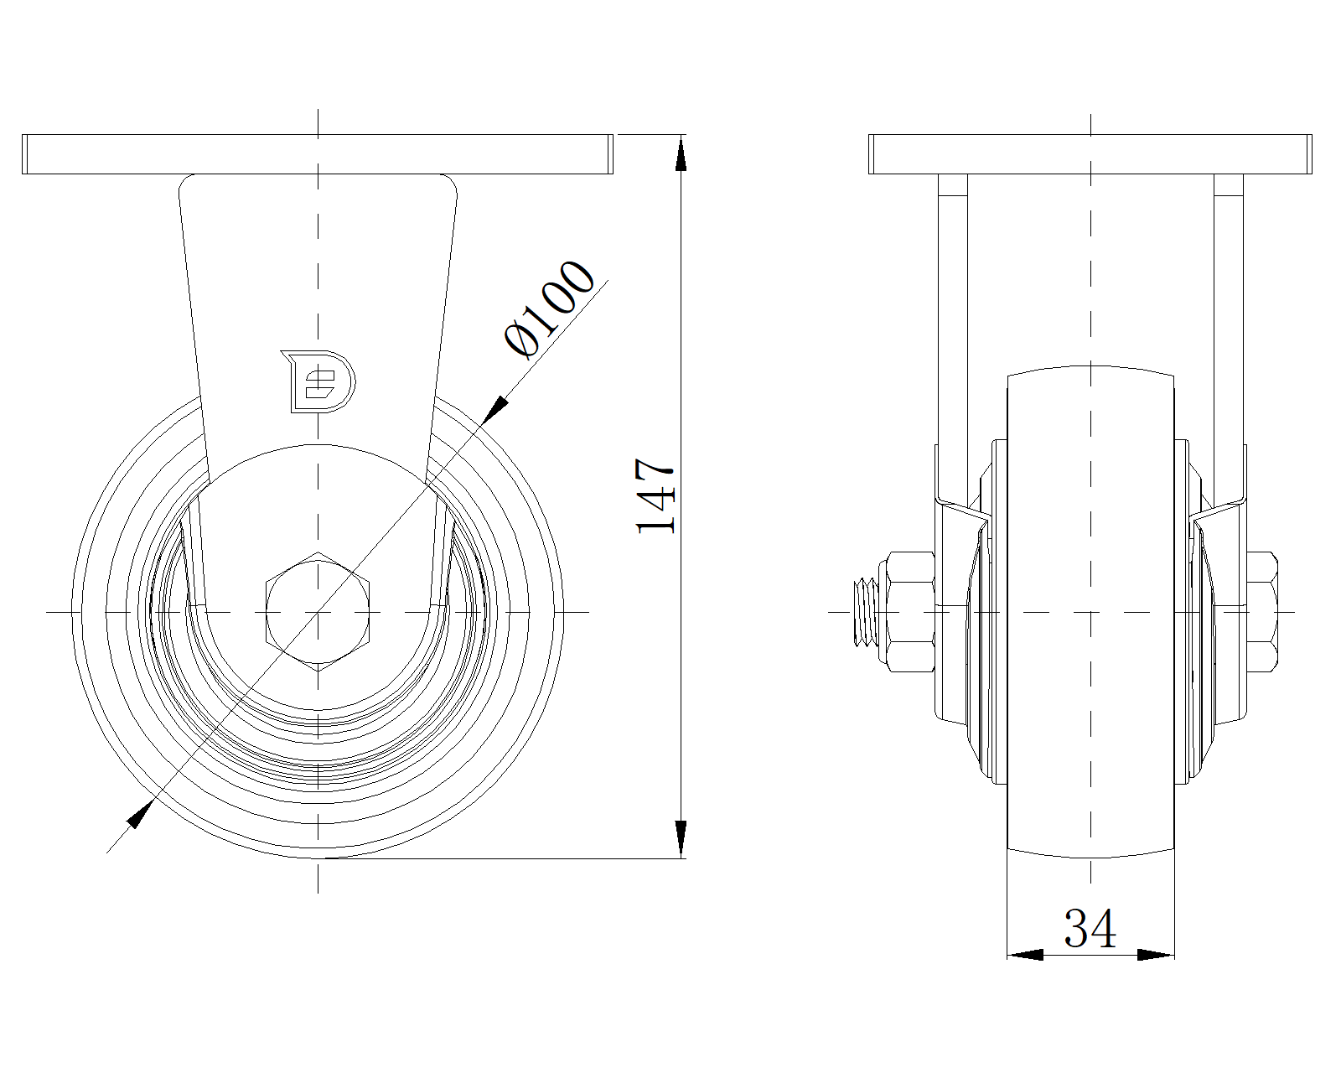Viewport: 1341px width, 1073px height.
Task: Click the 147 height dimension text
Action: point(655,495)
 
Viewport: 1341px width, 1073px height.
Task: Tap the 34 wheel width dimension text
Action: point(1090,929)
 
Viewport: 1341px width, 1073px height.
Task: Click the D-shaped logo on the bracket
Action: point(318,381)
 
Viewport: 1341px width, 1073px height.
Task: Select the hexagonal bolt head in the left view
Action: point(318,612)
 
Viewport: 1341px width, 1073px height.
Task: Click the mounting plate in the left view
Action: point(318,154)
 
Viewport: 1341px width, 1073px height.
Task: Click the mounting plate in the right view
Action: point(1090,154)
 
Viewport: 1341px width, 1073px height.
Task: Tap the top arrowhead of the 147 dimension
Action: point(681,154)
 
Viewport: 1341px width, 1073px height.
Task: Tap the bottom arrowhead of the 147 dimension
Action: point(681,838)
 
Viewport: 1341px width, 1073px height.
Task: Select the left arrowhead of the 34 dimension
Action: point(1025,955)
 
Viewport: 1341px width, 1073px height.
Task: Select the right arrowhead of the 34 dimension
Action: point(1156,955)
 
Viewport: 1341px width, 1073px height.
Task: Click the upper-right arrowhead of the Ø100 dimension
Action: point(495,409)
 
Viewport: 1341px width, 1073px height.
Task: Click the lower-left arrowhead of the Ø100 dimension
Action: point(140,814)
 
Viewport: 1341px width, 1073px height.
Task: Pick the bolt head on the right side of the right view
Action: point(1262,612)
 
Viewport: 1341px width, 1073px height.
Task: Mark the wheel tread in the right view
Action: point(1090,612)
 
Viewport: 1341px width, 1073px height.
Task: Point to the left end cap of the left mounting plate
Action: point(25,154)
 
